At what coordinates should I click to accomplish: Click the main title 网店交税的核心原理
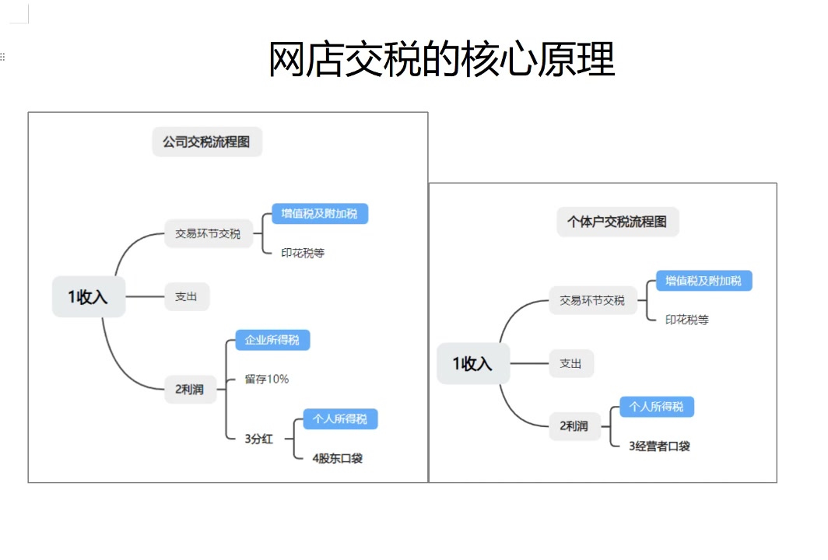pos(441,59)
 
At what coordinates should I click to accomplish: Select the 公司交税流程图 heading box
pos(207,142)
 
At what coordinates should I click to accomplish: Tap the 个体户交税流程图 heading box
pos(617,222)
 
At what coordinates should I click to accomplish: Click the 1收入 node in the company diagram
pos(88,296)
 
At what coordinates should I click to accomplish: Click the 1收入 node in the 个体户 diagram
pos(473,363)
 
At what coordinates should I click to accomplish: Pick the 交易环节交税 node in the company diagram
pos(208,233)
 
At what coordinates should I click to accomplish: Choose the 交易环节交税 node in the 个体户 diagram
pos(592,300)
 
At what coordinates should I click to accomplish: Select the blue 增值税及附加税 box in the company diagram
pos(319,213)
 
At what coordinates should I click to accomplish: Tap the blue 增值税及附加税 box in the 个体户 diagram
pos(703,280)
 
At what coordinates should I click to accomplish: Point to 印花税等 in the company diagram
pos(303,253)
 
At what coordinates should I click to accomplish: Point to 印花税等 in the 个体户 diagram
pos(687,320)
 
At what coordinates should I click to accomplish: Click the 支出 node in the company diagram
pos(187,296)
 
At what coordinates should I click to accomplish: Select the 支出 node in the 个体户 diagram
pos(571,363)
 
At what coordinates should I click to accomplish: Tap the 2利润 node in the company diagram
pos(190,389)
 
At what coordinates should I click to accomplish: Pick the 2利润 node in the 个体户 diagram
pos(574,425)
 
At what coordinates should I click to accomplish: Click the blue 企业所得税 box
pos(272,340)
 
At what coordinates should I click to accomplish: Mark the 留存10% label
pos(267,379)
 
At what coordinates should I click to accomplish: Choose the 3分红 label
pos(259,439)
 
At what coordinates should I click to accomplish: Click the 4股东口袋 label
pos(338,458)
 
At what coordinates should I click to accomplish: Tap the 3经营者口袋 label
pos(660,446)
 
